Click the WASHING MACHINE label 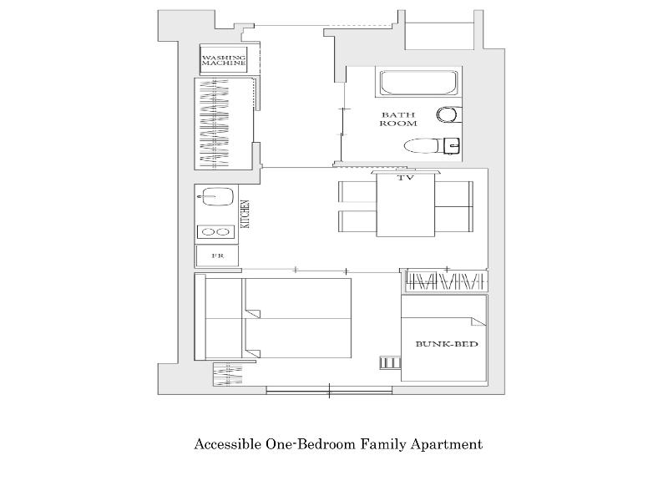point(224,60)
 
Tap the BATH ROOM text point(398,119)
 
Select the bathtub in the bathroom point(418,83)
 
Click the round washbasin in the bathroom point(447,114)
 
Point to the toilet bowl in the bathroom point(422,146)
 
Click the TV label point(406,178)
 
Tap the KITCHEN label point(245,214)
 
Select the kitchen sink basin point(218,197)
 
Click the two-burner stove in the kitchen point(215,232)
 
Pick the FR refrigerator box point(217,256)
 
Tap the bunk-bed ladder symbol point(390,362)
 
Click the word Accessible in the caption point(227,444)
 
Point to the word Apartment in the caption point(447,445)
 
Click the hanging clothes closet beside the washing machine point(224,124)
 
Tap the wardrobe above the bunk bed point(447,281)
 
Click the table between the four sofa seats point(406,205)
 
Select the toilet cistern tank point(452,146)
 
